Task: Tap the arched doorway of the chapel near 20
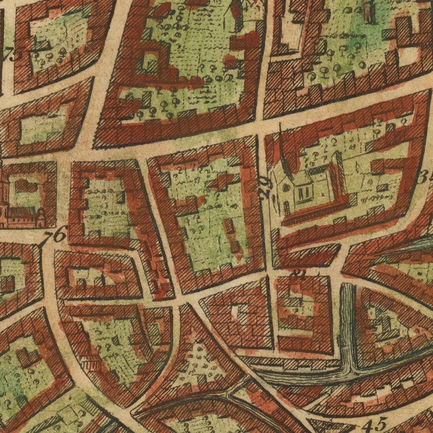286,207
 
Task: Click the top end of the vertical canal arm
348,286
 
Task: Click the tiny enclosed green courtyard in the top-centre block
148,61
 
